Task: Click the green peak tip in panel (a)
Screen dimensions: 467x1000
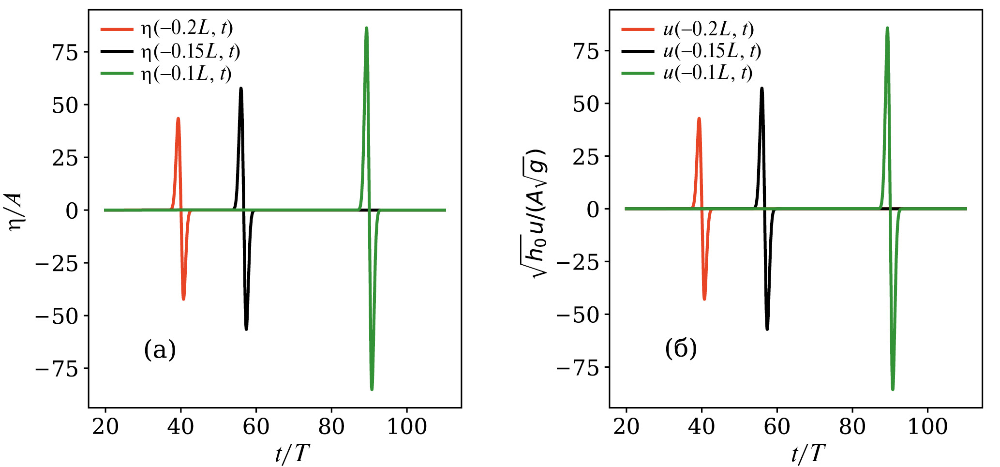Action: [366, 29]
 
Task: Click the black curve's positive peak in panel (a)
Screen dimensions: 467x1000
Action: [241, 89]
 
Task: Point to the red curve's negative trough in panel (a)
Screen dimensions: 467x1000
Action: [183, 299]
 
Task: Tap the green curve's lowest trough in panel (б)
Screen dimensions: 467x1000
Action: [893, 389]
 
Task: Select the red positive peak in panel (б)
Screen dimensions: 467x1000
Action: [699, 119]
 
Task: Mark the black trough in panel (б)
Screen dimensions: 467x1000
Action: [767, 329]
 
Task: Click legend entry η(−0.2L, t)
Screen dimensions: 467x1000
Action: [187, 29]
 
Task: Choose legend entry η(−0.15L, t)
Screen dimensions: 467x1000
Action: [190, 51]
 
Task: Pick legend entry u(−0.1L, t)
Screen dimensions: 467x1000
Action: [708, 73]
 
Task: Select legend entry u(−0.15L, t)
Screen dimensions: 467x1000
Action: [712, 51]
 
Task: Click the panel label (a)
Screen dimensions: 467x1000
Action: [160, 349]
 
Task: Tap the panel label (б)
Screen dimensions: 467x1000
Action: [681, 348]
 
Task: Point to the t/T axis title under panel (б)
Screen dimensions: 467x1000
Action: [808, 454]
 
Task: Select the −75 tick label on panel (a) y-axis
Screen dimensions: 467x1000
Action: [57, 369]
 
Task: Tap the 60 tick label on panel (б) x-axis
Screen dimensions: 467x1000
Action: [776, 427]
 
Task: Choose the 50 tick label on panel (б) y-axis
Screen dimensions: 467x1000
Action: [585, 104]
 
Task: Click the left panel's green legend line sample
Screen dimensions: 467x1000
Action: [117, 74]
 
